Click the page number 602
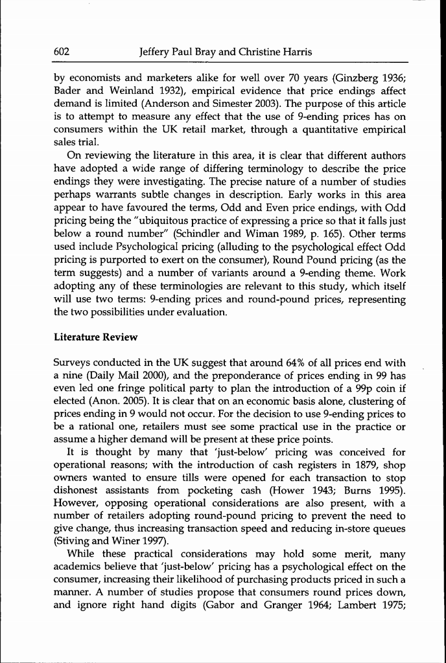(62, 52)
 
